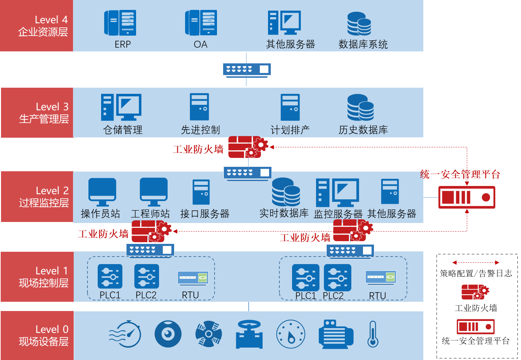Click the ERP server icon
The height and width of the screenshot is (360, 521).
pyautogui.click(x=120, y=23)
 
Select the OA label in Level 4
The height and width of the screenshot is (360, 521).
pyautogui.click(x=201, y=45)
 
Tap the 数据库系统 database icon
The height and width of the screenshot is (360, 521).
pyautogui.click(x=359, y=24)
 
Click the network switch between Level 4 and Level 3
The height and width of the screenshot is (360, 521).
pyautogui.click(x=247, y=70)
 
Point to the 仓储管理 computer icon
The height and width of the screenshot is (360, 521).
pyautogui.click(x=121, y=107)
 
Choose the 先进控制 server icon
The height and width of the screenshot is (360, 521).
pyautogui.click(x=199, y=107)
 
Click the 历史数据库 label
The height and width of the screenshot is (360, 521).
pyautogui.click(x=363, y=130)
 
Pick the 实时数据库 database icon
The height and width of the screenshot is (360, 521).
pyautogui.click(x=286, y=192)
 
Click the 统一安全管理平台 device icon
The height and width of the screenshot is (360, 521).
pyautogui.click(x=467, y=197)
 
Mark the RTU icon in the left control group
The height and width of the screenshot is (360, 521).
pyautogui.click(x=193, y=278)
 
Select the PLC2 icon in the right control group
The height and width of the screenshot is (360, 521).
pyautogui.click(x=338, y=277)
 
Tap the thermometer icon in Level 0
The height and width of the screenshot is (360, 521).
pyautogui.click(x=373, y=334)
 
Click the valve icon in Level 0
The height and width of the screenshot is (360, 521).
pyautogui.click(x=249, y=334)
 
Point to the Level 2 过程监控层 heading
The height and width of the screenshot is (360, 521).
pyautogui.click(x=44, y=197)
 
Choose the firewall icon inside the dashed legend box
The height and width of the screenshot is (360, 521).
pyautogui.click(x=475, y=292)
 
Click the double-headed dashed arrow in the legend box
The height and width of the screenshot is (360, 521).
pyautogui.click(x=475, y=263)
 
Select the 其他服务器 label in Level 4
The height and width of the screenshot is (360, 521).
pyautogui.click(x=290, y=45)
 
